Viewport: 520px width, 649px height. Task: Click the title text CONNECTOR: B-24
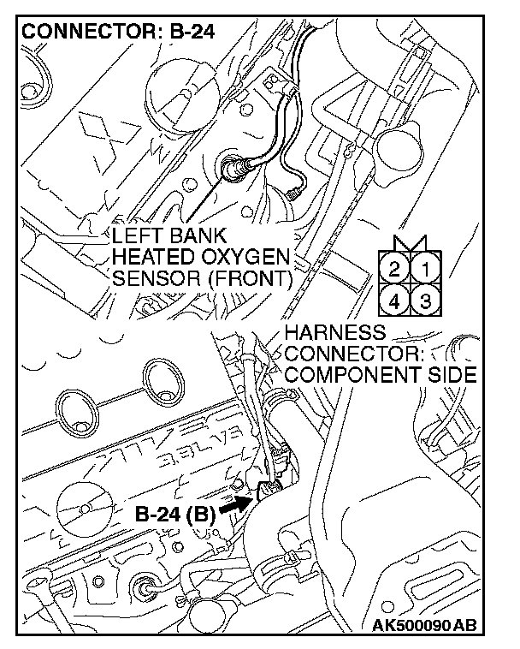(x=117, y=33)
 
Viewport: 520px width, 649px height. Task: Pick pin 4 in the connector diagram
(x=394, y=301)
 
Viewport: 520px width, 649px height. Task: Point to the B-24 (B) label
(x=174, y=515)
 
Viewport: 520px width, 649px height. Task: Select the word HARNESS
(x=334, y=332)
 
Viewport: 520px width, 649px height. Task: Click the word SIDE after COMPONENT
(x=450, y=374)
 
